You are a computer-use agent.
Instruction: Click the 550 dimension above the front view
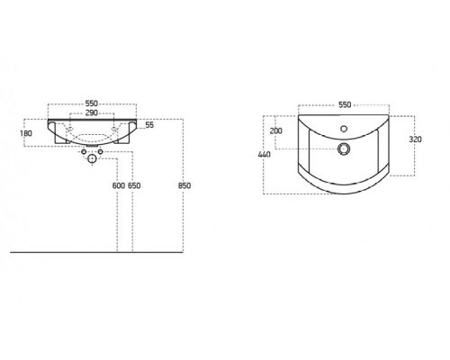92,103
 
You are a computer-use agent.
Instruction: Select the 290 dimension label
92,112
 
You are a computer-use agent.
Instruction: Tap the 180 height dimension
26,133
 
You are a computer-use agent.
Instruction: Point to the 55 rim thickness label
149,125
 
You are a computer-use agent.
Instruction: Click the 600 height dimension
119,185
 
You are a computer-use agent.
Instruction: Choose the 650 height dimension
134,185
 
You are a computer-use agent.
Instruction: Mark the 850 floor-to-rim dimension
184,185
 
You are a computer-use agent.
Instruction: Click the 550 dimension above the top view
345,104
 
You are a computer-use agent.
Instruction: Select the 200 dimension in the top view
276,130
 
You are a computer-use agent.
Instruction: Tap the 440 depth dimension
264,155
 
